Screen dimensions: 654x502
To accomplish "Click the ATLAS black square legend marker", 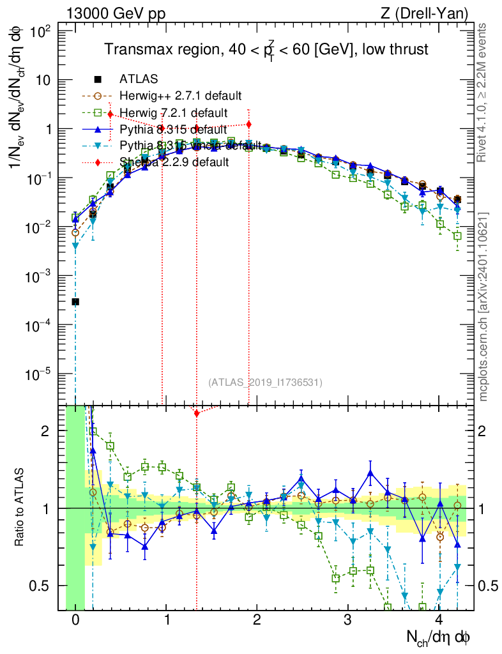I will coord(98,80).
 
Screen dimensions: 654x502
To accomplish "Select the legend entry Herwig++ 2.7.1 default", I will coord(180,96).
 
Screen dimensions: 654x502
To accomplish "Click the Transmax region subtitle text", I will coord(266,50).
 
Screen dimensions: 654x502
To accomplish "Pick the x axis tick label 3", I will coord(347,620).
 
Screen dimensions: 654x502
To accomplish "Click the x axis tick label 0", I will coord(75,620).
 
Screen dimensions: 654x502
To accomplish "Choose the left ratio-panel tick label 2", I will coord(45,431).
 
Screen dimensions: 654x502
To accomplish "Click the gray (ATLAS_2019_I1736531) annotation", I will coord(265,383).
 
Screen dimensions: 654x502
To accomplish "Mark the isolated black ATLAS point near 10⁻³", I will coord(75,301).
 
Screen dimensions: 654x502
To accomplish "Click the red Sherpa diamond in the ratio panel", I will coord(197,414).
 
